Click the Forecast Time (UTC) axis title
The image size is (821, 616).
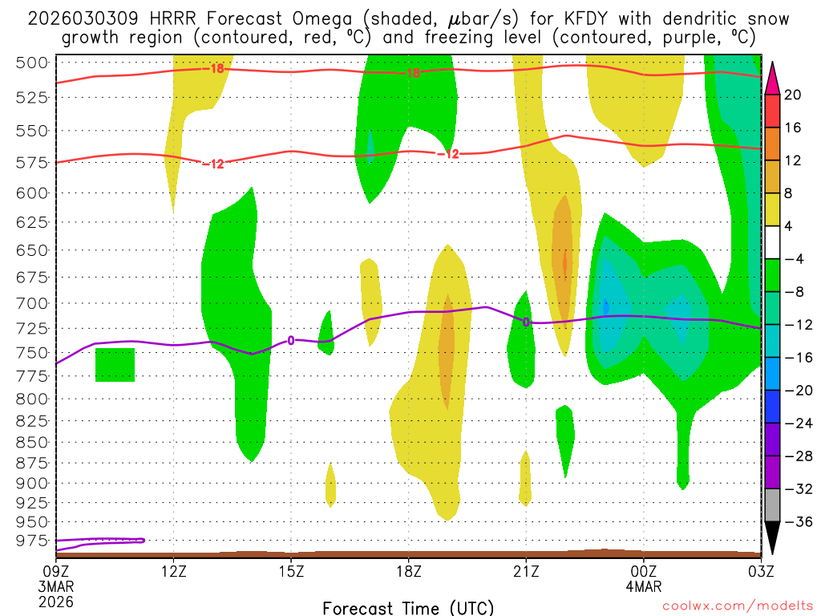[409, 607]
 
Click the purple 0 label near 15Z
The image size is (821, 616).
[291, 340]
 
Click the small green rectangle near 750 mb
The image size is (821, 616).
[115, 365]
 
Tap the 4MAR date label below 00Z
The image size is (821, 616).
[644, 586]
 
